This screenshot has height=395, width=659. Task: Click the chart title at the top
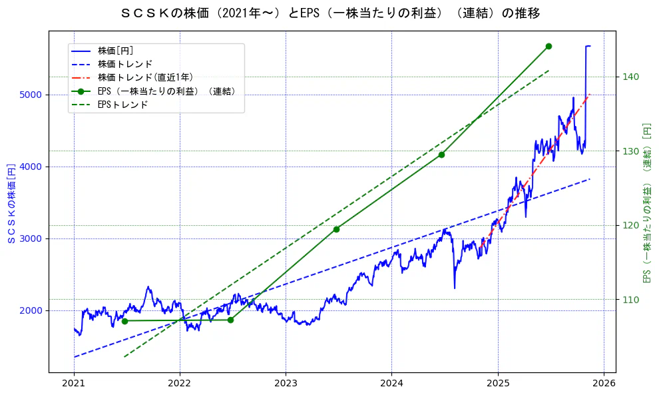(x=331, y=13)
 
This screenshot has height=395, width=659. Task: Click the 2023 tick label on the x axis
(x=286, y=384)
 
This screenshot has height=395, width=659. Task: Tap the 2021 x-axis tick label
(x=74, y=384)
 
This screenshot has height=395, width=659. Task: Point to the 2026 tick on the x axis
(x=603, y=384)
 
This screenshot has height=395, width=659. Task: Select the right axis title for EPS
(x=646, y=202)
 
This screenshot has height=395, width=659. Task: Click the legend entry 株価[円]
(x=116, y=51)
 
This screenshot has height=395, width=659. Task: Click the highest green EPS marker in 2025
(x=549, y=46)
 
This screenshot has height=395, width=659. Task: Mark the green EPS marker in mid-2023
(x=336, y=229)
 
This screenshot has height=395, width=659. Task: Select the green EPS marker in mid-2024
(x=441, y=155)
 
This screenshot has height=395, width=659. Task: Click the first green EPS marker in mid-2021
(x=124, y=321)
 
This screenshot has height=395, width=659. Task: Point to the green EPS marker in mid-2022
(x=230, y=320)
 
